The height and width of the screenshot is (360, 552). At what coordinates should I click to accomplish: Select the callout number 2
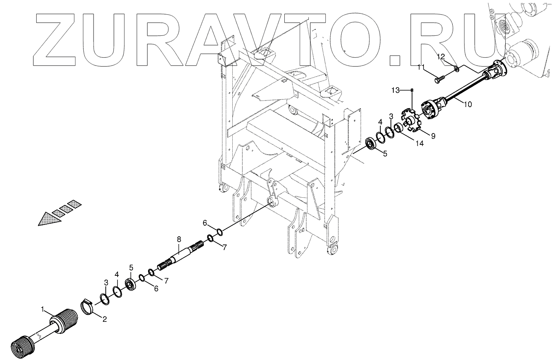pos(105,320)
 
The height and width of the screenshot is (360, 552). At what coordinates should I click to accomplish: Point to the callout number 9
pos(433,136)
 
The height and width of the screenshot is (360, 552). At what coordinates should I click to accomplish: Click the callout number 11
pos(422,67)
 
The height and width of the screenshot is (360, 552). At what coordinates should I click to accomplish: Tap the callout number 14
pos(419,143)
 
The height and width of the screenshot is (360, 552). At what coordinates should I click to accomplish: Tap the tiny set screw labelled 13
pos(412,89)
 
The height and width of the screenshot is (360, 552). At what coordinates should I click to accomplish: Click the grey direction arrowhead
pos(49,219)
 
